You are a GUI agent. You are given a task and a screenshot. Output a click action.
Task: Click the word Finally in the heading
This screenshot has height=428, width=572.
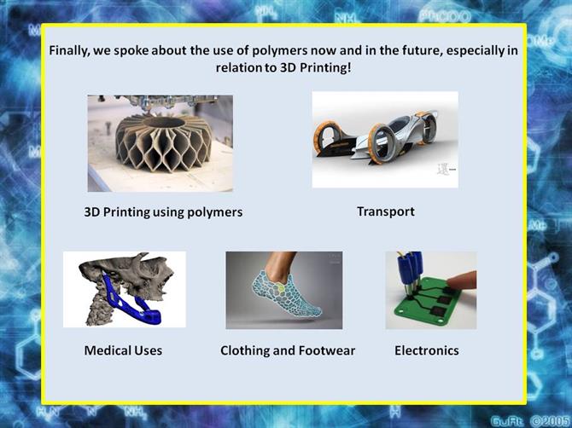69,50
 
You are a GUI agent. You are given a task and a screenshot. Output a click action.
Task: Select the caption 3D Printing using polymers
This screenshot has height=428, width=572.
163,212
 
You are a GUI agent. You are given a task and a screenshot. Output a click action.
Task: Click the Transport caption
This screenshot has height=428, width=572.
386,211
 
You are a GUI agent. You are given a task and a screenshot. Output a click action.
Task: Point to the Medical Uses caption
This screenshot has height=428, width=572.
123,350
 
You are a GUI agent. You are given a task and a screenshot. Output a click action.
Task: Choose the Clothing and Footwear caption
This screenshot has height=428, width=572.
288,350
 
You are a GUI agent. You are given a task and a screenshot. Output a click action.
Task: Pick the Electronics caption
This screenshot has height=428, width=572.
427,350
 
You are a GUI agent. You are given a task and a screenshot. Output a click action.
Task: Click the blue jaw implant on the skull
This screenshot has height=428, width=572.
128,303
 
